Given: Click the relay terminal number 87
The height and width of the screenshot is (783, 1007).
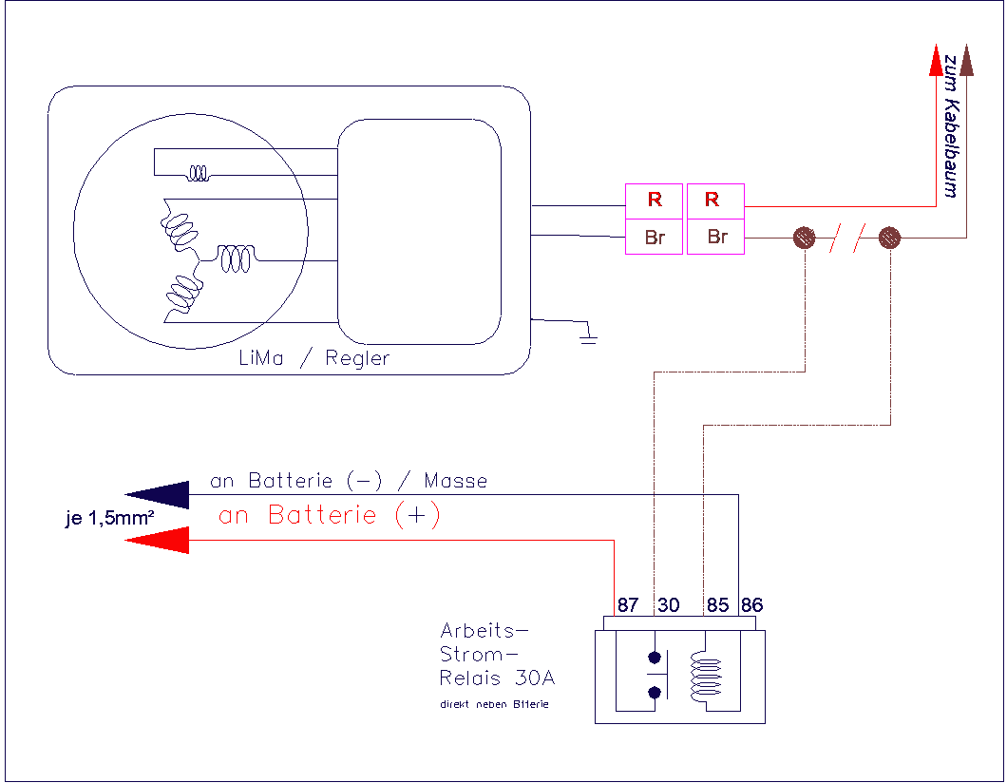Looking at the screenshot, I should (x=627, y=605).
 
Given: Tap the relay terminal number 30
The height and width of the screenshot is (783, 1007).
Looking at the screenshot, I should (x=668, y=605).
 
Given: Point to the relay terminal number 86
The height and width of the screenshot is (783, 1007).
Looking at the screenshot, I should (x=751, y=605).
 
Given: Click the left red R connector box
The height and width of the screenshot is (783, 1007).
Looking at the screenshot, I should (x=654, y=201).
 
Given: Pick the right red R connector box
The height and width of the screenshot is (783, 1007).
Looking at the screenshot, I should (x=714, y=201).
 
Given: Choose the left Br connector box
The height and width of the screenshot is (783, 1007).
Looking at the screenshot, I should (x=654, y=237).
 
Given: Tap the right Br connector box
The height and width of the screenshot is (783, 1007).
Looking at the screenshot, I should (x=714, y=237).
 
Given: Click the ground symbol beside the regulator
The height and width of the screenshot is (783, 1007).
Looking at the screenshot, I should (x=589, y=335).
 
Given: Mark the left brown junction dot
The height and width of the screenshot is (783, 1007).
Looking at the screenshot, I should (x=804, y=238).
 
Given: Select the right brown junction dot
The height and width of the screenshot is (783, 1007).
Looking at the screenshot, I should (x=890, y=238).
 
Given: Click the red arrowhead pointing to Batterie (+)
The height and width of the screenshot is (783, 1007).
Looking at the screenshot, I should (x=158, y=541).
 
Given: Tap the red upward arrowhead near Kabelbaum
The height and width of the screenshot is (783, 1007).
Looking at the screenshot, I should (x=936, y=61).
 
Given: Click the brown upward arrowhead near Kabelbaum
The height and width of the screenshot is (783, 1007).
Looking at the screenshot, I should (x=966, y=61).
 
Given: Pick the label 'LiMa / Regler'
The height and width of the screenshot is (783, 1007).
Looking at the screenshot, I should (x=314, y=359).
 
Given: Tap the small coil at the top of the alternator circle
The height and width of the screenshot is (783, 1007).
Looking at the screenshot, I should (x=199, y=173).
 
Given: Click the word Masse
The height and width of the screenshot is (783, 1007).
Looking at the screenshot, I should (x=456, y=482).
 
